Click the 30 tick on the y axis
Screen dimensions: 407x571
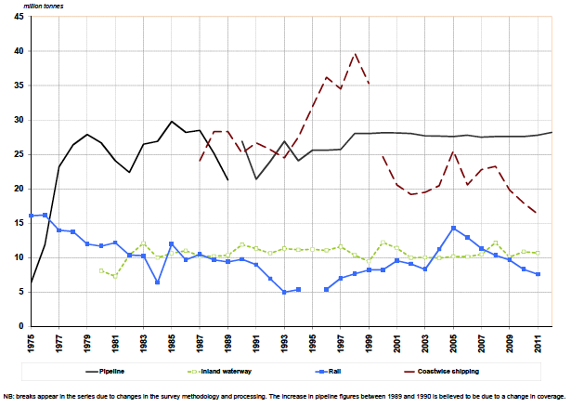click(19, 120)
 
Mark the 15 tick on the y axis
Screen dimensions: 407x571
click(19, 223)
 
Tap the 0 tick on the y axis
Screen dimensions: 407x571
click(22, 326)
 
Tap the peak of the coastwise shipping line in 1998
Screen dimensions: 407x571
click(356, 53)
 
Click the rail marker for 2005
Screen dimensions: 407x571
click(454, 228)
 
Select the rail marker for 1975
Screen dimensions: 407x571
click(32, 216)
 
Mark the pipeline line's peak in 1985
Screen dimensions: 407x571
click(172, 122)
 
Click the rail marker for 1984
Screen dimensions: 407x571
click(158, 282)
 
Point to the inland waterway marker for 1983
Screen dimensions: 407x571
click(144, 243)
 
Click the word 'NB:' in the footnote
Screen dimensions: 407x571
click(9, 397)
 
